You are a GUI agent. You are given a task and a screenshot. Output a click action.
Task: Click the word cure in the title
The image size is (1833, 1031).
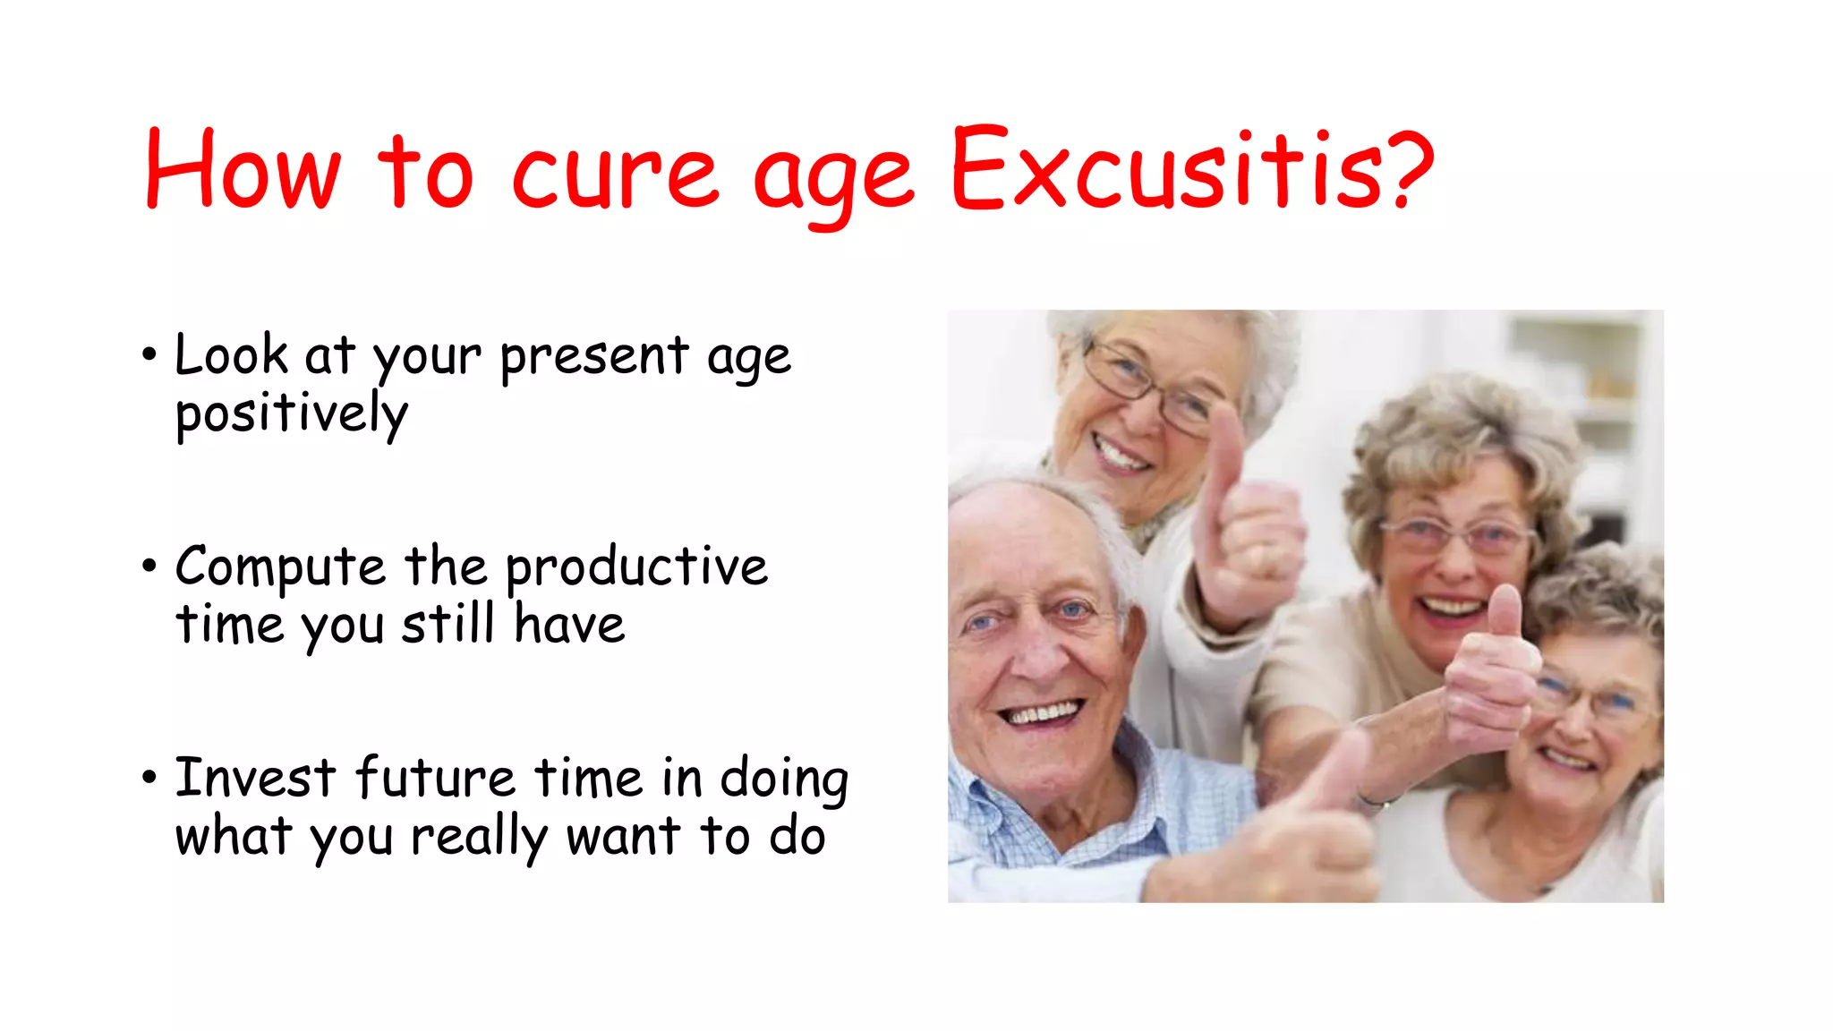pyautogui.click(x=615, y=175)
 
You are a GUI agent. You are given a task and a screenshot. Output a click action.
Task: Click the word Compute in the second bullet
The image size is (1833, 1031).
pyautogui.click(x=280, y=568)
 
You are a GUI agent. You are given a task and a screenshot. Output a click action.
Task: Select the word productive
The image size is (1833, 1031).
pyautogui.click(x=636, y=568)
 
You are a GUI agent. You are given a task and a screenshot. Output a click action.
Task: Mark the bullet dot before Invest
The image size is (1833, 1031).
pyautogui.click(x=149, y=777)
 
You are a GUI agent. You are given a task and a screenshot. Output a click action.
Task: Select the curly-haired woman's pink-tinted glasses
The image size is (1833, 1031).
pyautogui.click(x=1459, y=537)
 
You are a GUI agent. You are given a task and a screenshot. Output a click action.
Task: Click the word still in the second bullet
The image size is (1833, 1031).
pyautogui.click(x=448, y=625)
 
